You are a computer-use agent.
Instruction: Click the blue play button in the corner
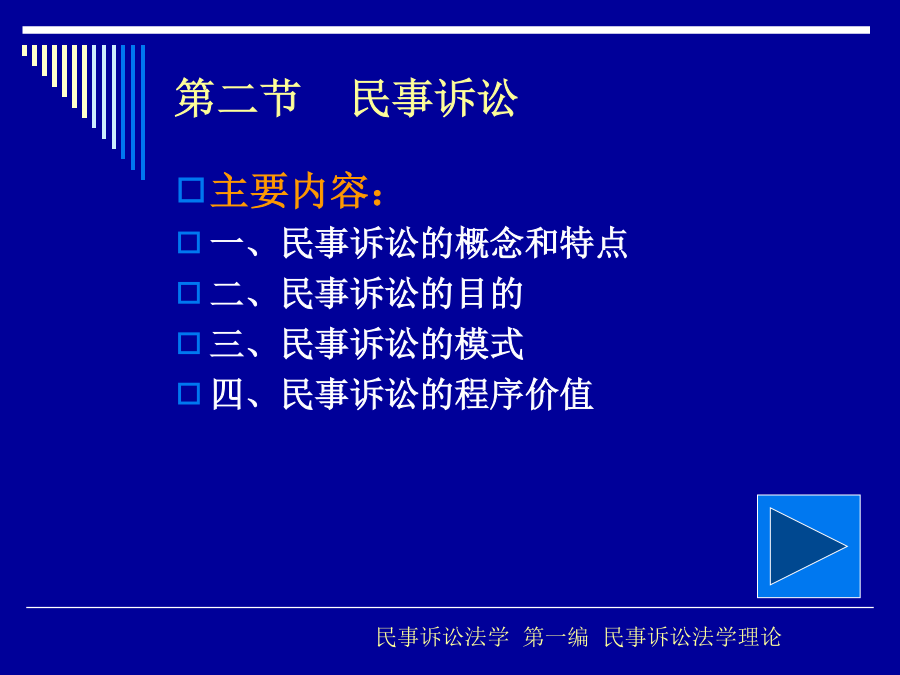point(808,546)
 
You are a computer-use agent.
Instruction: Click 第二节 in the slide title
point(238,98)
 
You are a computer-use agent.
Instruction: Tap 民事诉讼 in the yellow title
point(435,98)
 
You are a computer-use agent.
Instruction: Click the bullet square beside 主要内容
point(191,190)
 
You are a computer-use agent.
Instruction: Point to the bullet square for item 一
point(189,243)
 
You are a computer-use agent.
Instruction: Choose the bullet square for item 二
point(189,293)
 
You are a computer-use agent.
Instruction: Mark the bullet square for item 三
point(189,343)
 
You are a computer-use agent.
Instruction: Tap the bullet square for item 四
point(189,394)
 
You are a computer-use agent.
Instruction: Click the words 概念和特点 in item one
point(541,243)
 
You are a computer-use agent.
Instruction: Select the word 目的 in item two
point(489,293)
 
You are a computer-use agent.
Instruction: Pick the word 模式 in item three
point(489,344)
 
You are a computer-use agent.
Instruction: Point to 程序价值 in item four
point(523,394)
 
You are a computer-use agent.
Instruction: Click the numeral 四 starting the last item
point(227,394)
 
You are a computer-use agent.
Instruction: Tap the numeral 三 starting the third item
point(227,344)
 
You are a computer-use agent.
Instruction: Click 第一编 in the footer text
point(556,637)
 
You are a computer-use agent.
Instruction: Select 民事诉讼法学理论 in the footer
point(692,637)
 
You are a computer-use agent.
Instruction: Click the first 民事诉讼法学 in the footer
point(443,637)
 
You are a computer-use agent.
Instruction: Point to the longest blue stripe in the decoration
point(143,112)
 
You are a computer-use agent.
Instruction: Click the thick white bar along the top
point(446,30)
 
